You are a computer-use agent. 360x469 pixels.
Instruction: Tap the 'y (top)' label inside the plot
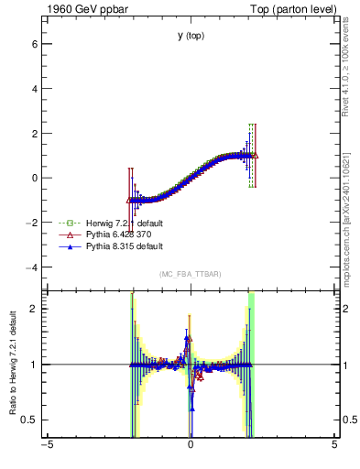[191, 36]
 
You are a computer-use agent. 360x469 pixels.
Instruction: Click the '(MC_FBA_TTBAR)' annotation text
[191, 275]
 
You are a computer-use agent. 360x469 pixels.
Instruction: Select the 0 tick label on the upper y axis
[32, 178]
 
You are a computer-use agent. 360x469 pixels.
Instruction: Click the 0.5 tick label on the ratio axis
[27, 420]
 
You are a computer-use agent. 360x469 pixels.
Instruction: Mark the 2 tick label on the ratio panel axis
[32, 309]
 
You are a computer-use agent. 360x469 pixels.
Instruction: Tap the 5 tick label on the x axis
[334, 446]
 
